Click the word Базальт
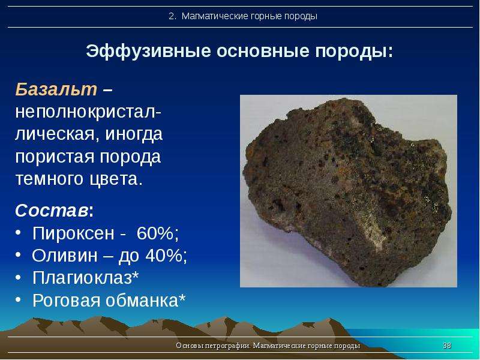56,89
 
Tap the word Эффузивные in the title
148,51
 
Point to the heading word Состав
52,211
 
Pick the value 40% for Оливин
166,256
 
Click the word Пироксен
73,233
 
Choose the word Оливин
65,256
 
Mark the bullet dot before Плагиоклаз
19,278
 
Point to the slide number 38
447,346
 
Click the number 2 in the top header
172,16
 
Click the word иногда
134,134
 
